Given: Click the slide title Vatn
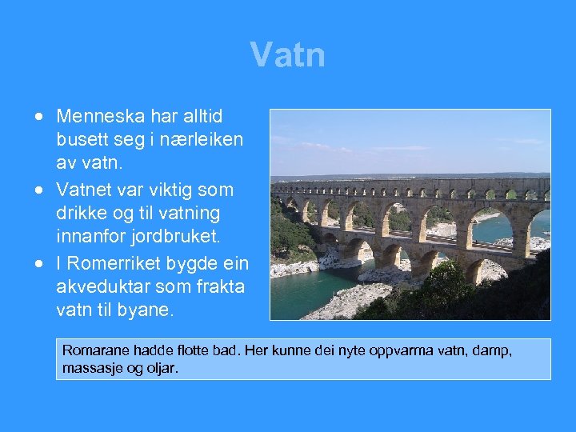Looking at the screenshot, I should tap(287, 55).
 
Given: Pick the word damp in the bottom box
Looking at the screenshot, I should tap(492, 351).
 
